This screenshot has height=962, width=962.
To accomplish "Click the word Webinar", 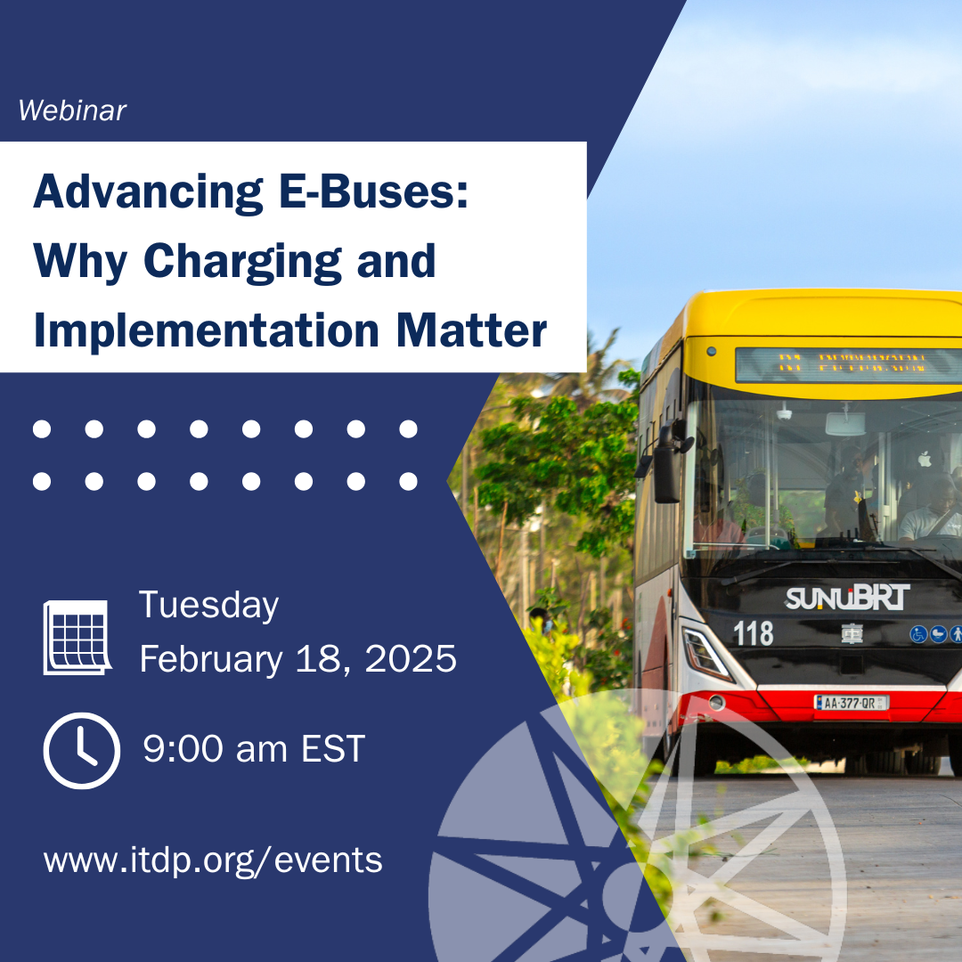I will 72,110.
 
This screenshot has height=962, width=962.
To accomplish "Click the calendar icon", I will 77,637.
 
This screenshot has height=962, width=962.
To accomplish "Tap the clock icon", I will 81,751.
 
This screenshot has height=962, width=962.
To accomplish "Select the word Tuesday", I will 208,606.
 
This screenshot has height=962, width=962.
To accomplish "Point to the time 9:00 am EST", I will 254,749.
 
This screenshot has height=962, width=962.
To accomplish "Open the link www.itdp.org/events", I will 213,860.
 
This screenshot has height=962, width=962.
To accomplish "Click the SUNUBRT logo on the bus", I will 846,598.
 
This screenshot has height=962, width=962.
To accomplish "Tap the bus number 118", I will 753,633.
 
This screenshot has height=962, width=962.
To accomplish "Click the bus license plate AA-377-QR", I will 851,703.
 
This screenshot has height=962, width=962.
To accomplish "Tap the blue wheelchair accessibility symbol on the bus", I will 918,634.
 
